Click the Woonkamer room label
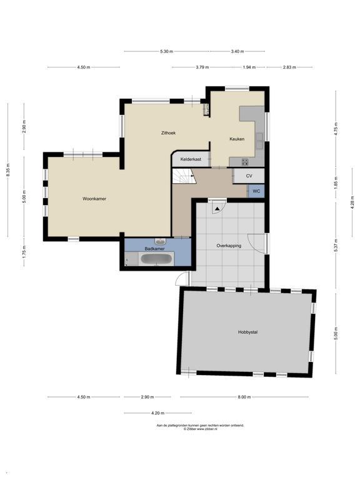tap(94, 199)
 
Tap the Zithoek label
tap(168, 133)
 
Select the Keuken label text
tap(237, 139)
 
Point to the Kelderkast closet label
tap(191, 159)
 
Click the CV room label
tap(249, 176)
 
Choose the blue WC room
tap(256, 191)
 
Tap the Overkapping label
tap(229, 246)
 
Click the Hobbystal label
tap(247, 332)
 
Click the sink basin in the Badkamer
tap(160, 242)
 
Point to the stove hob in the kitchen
tap(245, 162)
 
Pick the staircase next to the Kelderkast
tap(184, 176)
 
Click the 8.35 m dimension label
tap(8, 170)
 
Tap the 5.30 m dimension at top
tap(166, 51)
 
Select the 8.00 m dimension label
tap(244, 397)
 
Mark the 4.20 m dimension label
tap(157, 413)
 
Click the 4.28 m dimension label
tap(352, 202)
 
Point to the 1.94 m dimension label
tap(249, 67)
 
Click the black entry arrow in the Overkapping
tap(217, 209)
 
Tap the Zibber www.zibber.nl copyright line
tap(200, 429)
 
